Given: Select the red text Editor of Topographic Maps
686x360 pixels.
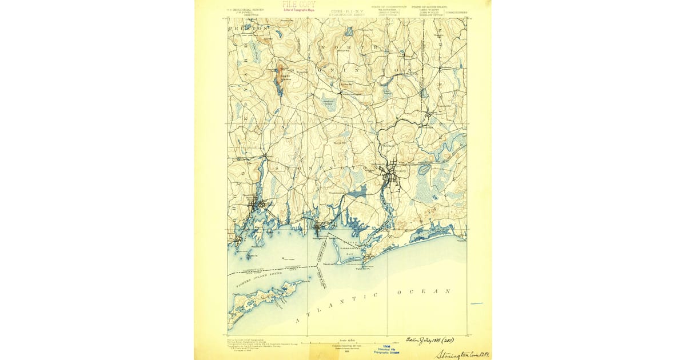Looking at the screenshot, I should click(x=298, y=10).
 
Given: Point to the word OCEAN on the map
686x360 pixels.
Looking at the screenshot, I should click(x=424, y=291).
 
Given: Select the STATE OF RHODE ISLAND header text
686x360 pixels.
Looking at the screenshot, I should click(x=426, y=7).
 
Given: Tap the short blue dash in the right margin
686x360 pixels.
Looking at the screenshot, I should click(x=477, y=303).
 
